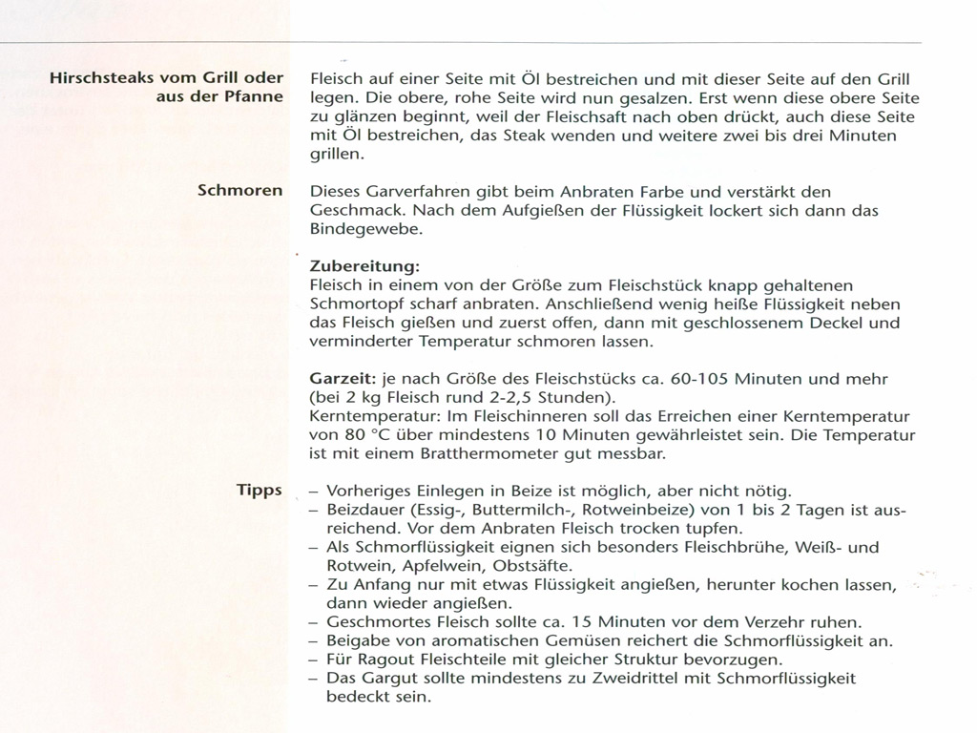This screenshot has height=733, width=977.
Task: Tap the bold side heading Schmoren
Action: [239, 190]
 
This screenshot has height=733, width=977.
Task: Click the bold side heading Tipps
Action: [260, 491]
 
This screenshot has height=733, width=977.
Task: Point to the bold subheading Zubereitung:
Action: [364, 265]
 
